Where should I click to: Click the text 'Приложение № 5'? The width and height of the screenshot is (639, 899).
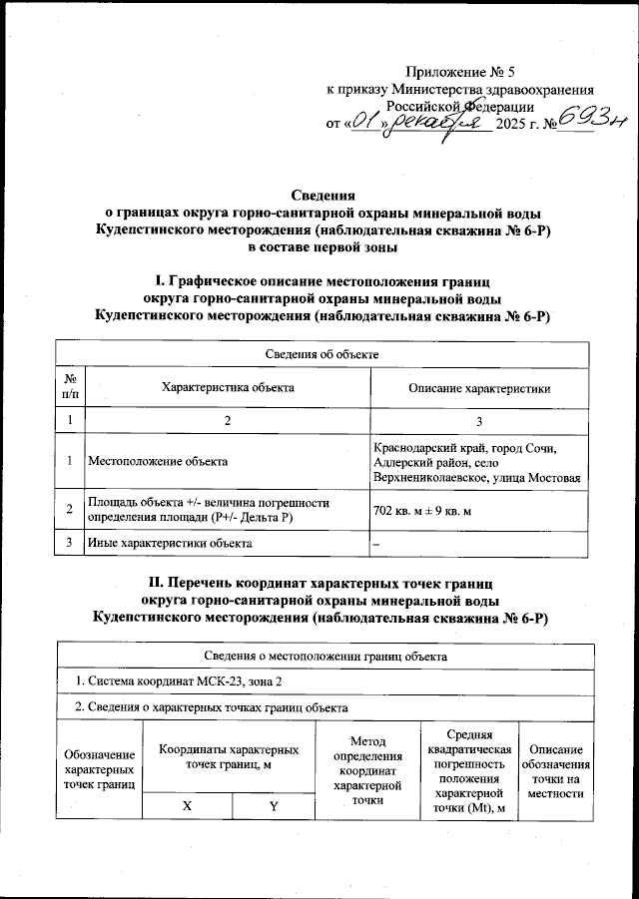click(x=459, y=71)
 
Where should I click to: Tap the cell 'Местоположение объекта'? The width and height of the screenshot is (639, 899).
click(x=158, y=461)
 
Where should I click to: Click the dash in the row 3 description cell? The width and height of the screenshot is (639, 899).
click(x=376, y=543)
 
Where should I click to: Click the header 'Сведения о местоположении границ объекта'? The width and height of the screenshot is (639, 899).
click(x=319, y=656)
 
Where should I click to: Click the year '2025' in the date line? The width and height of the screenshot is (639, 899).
click(x=517, y=124)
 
